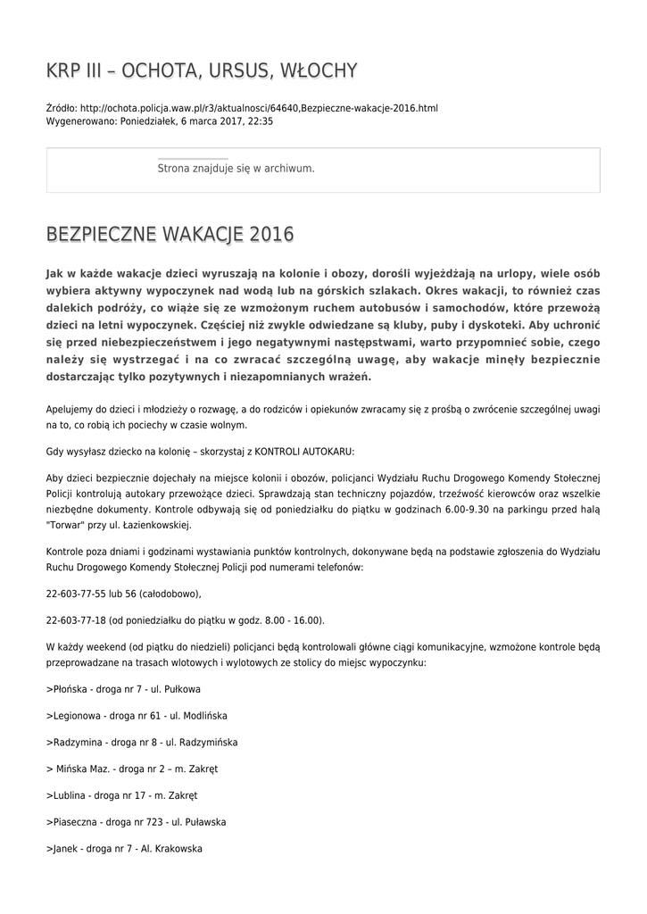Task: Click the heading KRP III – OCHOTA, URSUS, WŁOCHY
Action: click(x=202, y=71)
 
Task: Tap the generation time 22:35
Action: click(x=261, y=121)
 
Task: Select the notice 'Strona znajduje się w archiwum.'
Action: click(x=236, y=168)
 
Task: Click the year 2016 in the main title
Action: click(x=271, y=236)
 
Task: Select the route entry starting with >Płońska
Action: click(x=123, y=690)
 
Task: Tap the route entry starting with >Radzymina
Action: click(x=142, y=742)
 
